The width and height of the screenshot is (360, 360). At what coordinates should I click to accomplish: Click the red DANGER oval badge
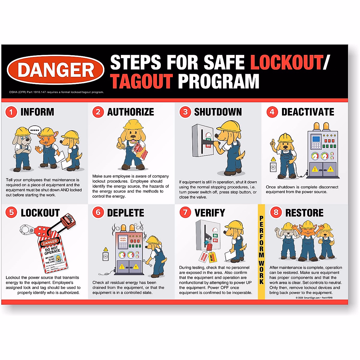click(55, 70)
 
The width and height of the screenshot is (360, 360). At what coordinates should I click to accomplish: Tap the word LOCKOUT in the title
click(286, 62)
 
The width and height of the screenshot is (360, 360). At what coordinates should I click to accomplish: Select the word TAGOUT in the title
click(142, 81)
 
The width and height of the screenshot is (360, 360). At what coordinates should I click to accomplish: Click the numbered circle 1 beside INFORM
click(11, 112)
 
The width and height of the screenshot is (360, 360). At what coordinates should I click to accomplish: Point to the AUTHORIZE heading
click(130, 112)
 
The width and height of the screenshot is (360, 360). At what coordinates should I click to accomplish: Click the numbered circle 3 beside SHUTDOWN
click(185, 112)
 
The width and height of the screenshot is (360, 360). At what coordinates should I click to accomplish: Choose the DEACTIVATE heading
click(307, 112)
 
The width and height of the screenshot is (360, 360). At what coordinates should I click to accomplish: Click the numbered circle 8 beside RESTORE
click(276, 213)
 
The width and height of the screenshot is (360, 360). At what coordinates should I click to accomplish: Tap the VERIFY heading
click(210, 213)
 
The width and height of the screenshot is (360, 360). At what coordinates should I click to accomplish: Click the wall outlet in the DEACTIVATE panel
click(273, 167)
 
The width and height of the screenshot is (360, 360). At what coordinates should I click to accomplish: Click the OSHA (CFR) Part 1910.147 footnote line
click(56, 92)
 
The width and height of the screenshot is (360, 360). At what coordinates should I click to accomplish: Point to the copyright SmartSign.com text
click(314, 298)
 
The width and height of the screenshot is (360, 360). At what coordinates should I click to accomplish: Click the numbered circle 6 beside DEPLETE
click(98, 213)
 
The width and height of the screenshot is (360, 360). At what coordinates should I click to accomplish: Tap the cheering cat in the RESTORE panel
click(307, 240)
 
